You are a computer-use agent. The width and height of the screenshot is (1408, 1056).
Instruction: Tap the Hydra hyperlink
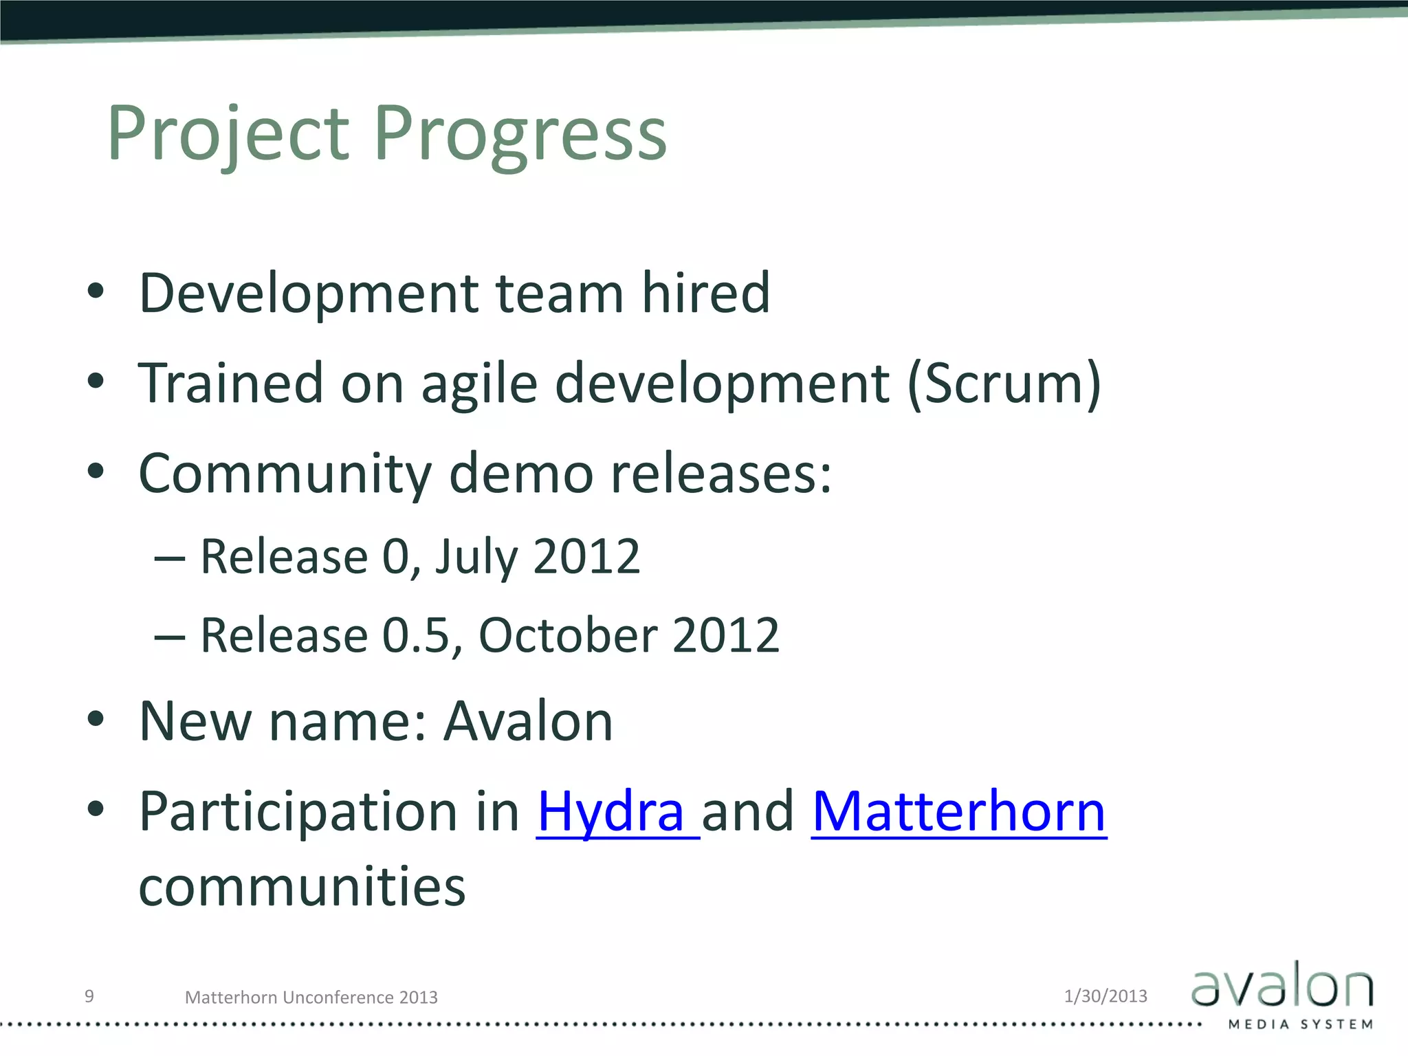coord(612,812)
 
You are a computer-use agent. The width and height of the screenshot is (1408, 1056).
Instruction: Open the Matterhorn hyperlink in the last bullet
coord(958,812)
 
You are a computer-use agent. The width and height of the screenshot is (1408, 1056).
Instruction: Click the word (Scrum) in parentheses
coord(1004,384)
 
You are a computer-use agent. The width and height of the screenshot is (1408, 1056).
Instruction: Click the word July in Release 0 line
coord(476,558)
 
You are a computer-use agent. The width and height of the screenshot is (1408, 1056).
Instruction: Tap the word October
coord(566,635)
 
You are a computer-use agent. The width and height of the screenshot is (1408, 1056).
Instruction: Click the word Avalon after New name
coord(528,722)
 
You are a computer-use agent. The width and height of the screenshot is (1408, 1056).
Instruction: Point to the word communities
coord(302,888)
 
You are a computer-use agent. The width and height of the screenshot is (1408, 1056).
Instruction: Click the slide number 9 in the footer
coord(89,996)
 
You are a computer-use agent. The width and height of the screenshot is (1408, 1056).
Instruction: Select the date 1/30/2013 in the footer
coord(1105,996)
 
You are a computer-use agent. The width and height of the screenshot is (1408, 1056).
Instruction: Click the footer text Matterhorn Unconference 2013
coord(311,998)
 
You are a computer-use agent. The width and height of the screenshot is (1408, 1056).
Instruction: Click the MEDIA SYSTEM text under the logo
coord(1300,1024)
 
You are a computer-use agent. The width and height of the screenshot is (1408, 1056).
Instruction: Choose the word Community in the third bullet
coord(285,474)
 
